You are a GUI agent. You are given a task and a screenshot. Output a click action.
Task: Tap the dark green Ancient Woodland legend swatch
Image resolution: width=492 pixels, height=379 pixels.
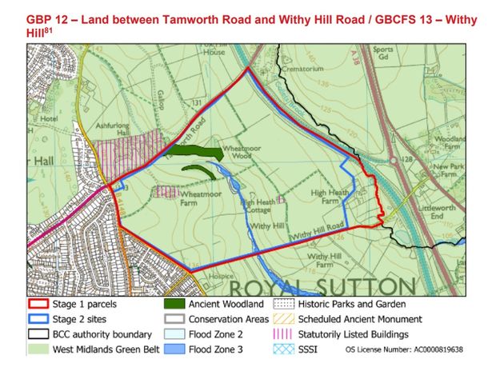click(175, 305)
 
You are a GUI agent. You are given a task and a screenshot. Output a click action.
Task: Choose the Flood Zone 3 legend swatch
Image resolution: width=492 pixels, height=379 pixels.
click(175, 348)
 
